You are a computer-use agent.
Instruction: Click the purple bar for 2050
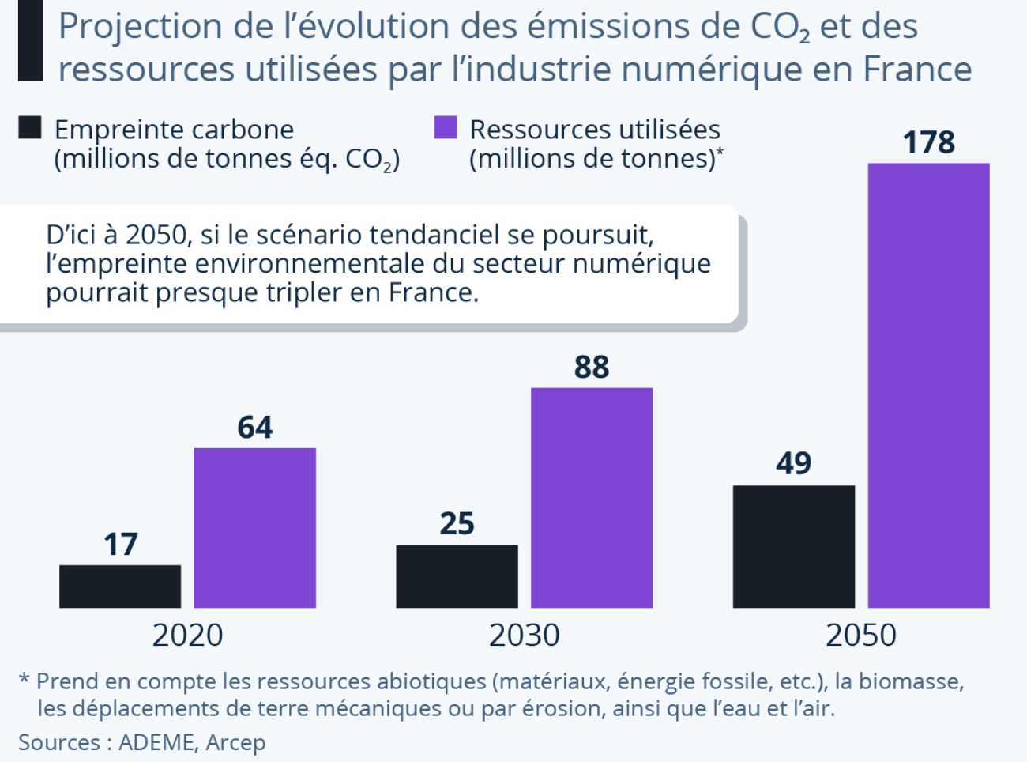click(928, 385)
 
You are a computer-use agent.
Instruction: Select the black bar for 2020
click(120, 586)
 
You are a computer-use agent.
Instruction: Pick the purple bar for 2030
click(592, 497)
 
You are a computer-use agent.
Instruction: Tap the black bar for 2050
click(793, 546)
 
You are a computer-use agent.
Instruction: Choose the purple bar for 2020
click(255, 527)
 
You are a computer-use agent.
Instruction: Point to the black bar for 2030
click(457, 576)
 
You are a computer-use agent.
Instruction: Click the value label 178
click(928, 143)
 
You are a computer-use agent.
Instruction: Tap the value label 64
click(255, 428)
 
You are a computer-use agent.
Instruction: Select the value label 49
click(793, 464)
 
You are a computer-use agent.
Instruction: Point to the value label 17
click(120, 545)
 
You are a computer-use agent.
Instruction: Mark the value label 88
click(592, 368)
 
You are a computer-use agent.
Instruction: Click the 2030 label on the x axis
click(524, 636)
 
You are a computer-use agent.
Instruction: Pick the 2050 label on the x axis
click(861, 636)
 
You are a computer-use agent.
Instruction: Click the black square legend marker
click(30, 128)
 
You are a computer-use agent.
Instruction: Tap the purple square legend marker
click(446, 128)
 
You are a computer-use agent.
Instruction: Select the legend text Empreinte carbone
click(174, 130)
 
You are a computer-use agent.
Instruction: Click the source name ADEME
click(156, 743)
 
